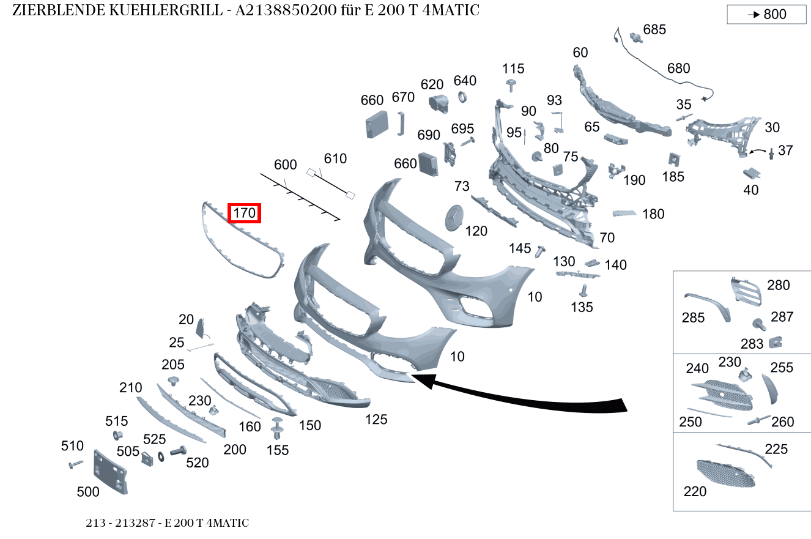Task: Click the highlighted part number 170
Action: tap(244, 214)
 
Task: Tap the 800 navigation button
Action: tap(766, 14)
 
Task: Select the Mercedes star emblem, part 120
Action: tap(453, 218)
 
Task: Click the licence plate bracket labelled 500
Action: tap(110, 471)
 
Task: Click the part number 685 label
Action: tap(654, 29)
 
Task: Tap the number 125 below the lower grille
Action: tap(376, 420)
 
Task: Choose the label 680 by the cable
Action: tap(678, 69)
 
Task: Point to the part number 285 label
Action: tap(693, 318)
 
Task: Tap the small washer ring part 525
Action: tap(161, 456)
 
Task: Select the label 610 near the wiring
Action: tap(335, 159)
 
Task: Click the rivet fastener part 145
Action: tap(540, 251)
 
